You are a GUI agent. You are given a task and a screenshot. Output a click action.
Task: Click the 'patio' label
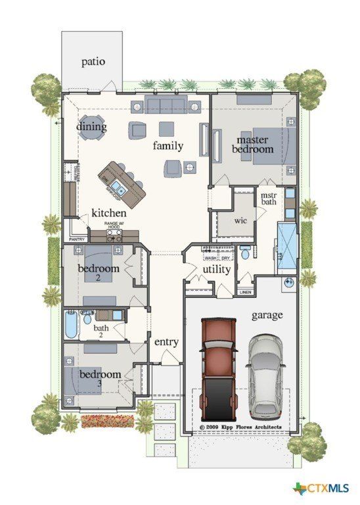tap(93, 62)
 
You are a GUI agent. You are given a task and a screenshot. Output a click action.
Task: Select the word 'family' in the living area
tap(168, 145)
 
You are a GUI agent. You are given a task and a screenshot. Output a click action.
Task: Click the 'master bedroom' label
tap(255, 145)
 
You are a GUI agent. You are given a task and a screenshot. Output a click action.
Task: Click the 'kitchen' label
tap(108, 213)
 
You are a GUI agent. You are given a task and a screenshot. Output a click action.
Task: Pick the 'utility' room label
tap(216, 269)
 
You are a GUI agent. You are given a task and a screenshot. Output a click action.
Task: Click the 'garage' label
tap(267, 315)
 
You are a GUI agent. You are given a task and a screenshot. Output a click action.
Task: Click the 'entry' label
tap(166, 342)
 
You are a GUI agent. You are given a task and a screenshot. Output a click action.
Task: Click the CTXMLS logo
tap(321, 488)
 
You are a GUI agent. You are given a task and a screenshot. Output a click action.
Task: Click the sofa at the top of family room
tap(167, 105)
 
